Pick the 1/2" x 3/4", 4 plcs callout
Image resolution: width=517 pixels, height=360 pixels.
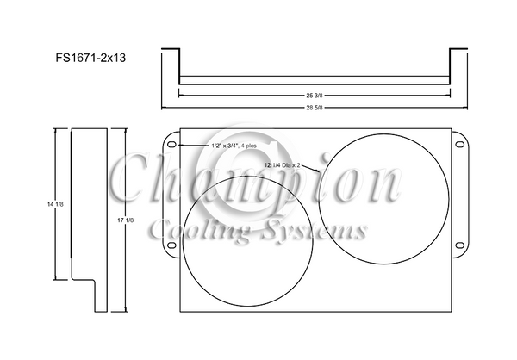[x=234, y=146]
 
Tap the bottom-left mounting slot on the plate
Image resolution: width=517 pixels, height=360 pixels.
[x=172, y=248]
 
